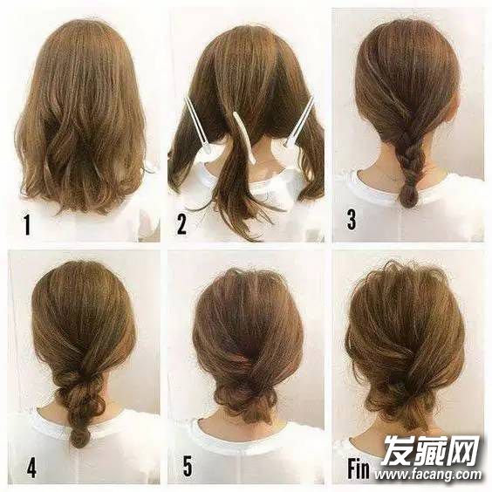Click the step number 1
point(27,225)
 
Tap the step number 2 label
point(181,225)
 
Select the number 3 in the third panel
point(351,220)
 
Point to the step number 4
point(31,468)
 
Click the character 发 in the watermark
point(398,451)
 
